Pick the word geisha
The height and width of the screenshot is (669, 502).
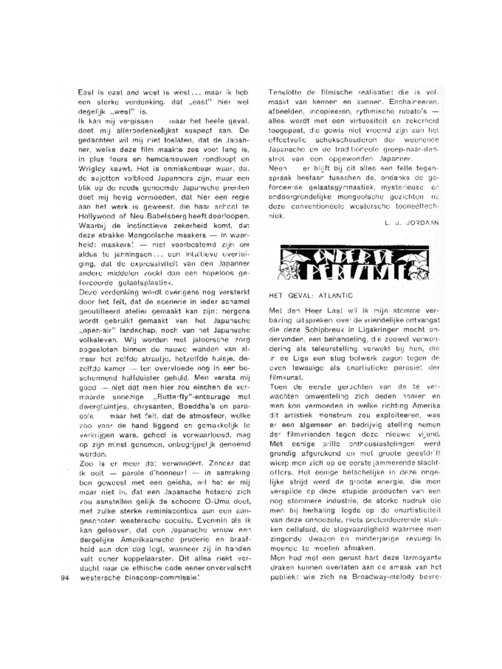pos(187,482)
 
